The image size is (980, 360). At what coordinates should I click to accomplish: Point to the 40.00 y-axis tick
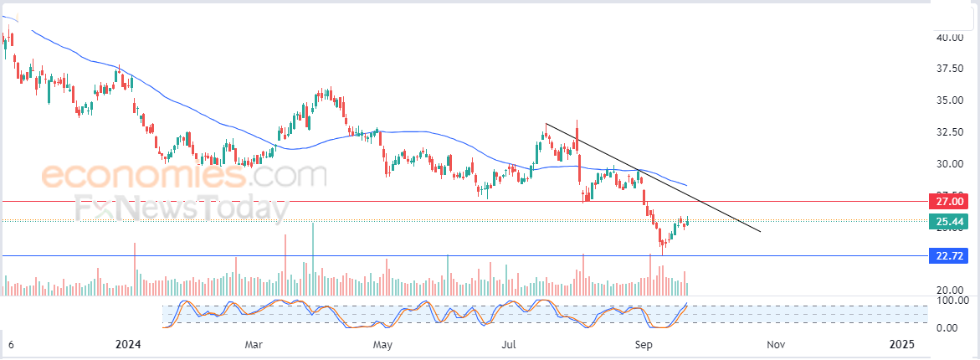[x=948, y=38]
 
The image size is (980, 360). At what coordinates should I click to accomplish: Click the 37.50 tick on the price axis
[x=948, y=69]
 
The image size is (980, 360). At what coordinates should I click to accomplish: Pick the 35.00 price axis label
[x=948, y=100]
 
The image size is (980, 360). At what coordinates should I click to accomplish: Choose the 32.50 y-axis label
[x=948, y=132]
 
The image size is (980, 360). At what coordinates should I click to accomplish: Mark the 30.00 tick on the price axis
[x=948, y=164]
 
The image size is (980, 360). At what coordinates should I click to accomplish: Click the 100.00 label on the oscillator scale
[x=952, y=300]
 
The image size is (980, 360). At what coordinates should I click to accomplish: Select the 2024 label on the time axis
[x=128, y=344]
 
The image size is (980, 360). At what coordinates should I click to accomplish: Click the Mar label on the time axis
[x=254, y=344]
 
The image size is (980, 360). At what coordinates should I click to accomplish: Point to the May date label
[x=382, y=344]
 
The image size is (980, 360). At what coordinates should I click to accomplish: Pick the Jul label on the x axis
[x=510, y=344]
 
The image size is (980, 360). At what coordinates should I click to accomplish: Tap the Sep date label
[x=643, y=344]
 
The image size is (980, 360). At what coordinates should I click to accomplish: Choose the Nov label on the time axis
[x=776, y=344]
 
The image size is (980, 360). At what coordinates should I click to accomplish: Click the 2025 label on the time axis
[x=902, y=344]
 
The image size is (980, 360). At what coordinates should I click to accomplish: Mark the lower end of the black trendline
[x=760, y=231]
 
